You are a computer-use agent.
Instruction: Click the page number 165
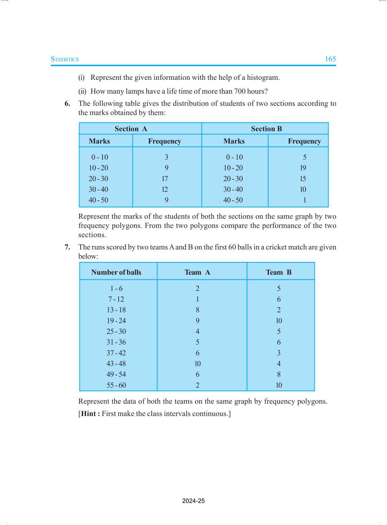pos(330,59)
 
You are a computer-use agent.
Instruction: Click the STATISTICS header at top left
pos(64,59)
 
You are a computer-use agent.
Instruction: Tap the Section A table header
pos(131,129)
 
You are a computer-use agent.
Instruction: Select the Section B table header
pos(266,129)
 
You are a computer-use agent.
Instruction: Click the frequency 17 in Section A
pos(165,179)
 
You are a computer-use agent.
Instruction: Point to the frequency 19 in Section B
pos(303,168)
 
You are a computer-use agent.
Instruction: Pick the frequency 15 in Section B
pos(303,179)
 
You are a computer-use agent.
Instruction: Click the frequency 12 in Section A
pos(165,190)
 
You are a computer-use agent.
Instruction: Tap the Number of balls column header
pos(116,272)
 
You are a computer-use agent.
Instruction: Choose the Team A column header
pos(197,272)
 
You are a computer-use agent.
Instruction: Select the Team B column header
pos(279,272)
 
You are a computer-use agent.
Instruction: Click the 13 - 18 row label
pos(116,310)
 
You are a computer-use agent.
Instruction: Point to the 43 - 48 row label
pos(116,364)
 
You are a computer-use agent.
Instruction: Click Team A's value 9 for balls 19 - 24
pos(198,321)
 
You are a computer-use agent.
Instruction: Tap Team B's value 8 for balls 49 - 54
pos(279,375)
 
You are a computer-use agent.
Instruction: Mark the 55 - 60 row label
pos(116,385)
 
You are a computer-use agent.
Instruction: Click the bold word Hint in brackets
pos(89,414)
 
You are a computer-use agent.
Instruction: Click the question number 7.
pos(67,247)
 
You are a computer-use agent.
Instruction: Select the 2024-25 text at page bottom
pos(193,501)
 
